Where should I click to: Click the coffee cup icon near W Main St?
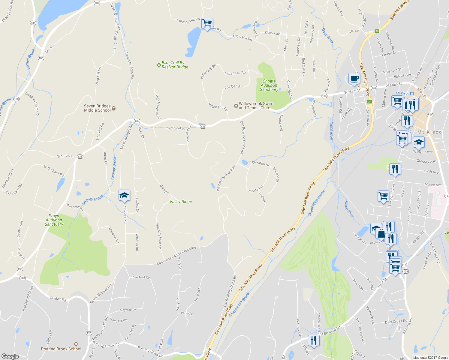pos(354,79)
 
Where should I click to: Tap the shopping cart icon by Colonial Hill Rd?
pos(207,23)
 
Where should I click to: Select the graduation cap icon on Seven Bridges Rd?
pos(124,196)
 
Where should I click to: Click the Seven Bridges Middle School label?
pos(98,108)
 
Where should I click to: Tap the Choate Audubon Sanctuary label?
pos(269,85)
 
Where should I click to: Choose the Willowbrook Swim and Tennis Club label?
pos(256,106)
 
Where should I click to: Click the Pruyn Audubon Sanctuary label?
pos(54,220)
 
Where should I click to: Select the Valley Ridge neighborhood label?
pos(181,202)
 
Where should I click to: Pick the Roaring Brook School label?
pos(61,349)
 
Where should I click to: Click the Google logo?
pos(10,356)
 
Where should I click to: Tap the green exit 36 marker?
pos(377,31)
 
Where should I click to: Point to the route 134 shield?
pos(33,23)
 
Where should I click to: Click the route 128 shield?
pos(405,271)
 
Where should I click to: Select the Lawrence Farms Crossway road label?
pos(176,255)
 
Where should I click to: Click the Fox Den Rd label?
pos(233,87)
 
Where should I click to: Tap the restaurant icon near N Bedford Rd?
pos(313,340)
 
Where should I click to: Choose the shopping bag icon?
pos(381,233)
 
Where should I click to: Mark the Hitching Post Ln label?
pos(158,236)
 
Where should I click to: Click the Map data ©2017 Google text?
pos(430,358)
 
